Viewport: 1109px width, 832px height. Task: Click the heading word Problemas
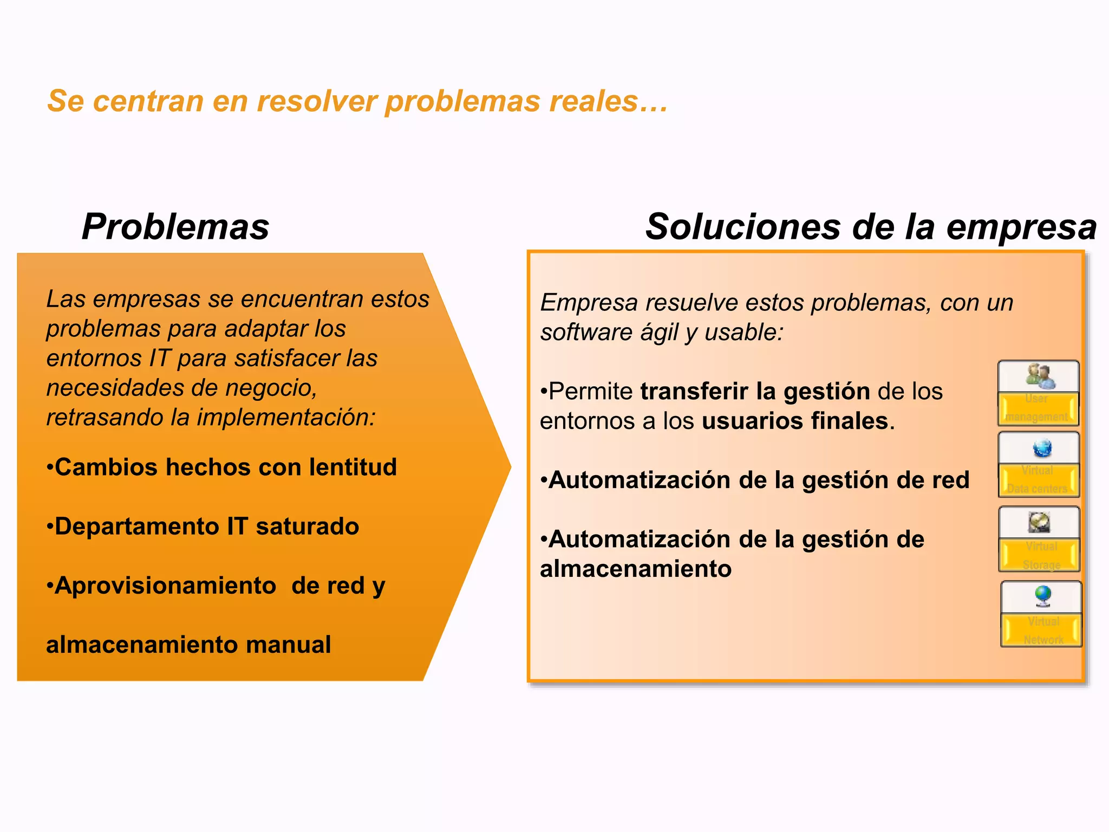(175, 226)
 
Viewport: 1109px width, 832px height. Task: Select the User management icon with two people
(1039, 376)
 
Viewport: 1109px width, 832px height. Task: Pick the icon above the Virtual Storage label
(1039, 522)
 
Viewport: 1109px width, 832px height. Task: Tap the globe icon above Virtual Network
(1043, 596)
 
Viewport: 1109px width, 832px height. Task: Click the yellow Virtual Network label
(1042, 630)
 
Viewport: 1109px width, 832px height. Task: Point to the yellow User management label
(1038, 408)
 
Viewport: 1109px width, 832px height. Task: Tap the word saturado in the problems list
(307, 526)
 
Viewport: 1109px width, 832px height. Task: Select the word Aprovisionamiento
(165, 586)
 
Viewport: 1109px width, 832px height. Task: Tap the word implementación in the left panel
(286, 418)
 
